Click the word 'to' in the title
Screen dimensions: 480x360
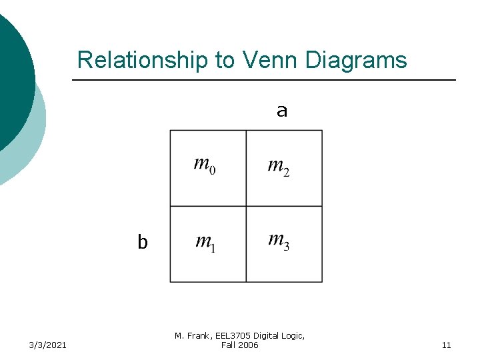[224, 60]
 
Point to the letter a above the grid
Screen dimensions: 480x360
[282, 111]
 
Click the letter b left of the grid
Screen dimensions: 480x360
[142, 243]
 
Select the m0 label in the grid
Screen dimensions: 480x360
[204, 163]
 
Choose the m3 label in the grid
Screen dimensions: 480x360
[278, 240]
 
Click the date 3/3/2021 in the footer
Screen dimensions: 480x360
[47, 345]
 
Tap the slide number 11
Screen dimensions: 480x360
[446, 345]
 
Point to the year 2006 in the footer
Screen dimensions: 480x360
[247, 345]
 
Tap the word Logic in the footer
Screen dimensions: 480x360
[293, 336]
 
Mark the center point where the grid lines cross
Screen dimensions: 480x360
[246, 206]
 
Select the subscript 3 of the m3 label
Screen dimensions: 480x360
[286, 247]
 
